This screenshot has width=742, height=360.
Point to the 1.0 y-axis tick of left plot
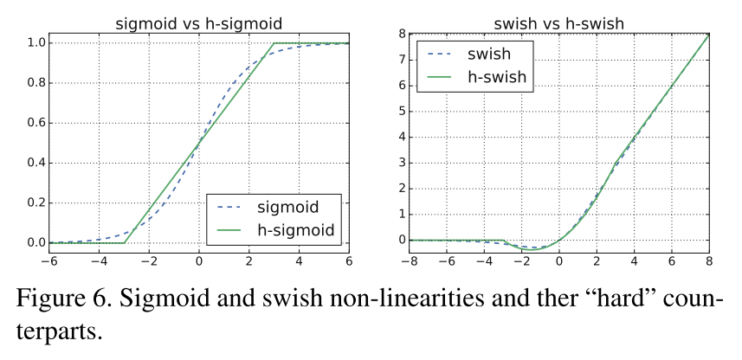35,42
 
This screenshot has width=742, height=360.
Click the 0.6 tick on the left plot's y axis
35,123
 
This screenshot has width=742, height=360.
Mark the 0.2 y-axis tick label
35,202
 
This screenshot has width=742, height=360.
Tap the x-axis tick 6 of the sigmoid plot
350,260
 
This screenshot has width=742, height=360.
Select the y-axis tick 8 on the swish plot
401,35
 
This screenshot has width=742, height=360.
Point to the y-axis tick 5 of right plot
401,112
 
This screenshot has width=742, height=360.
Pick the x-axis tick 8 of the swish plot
708,260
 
